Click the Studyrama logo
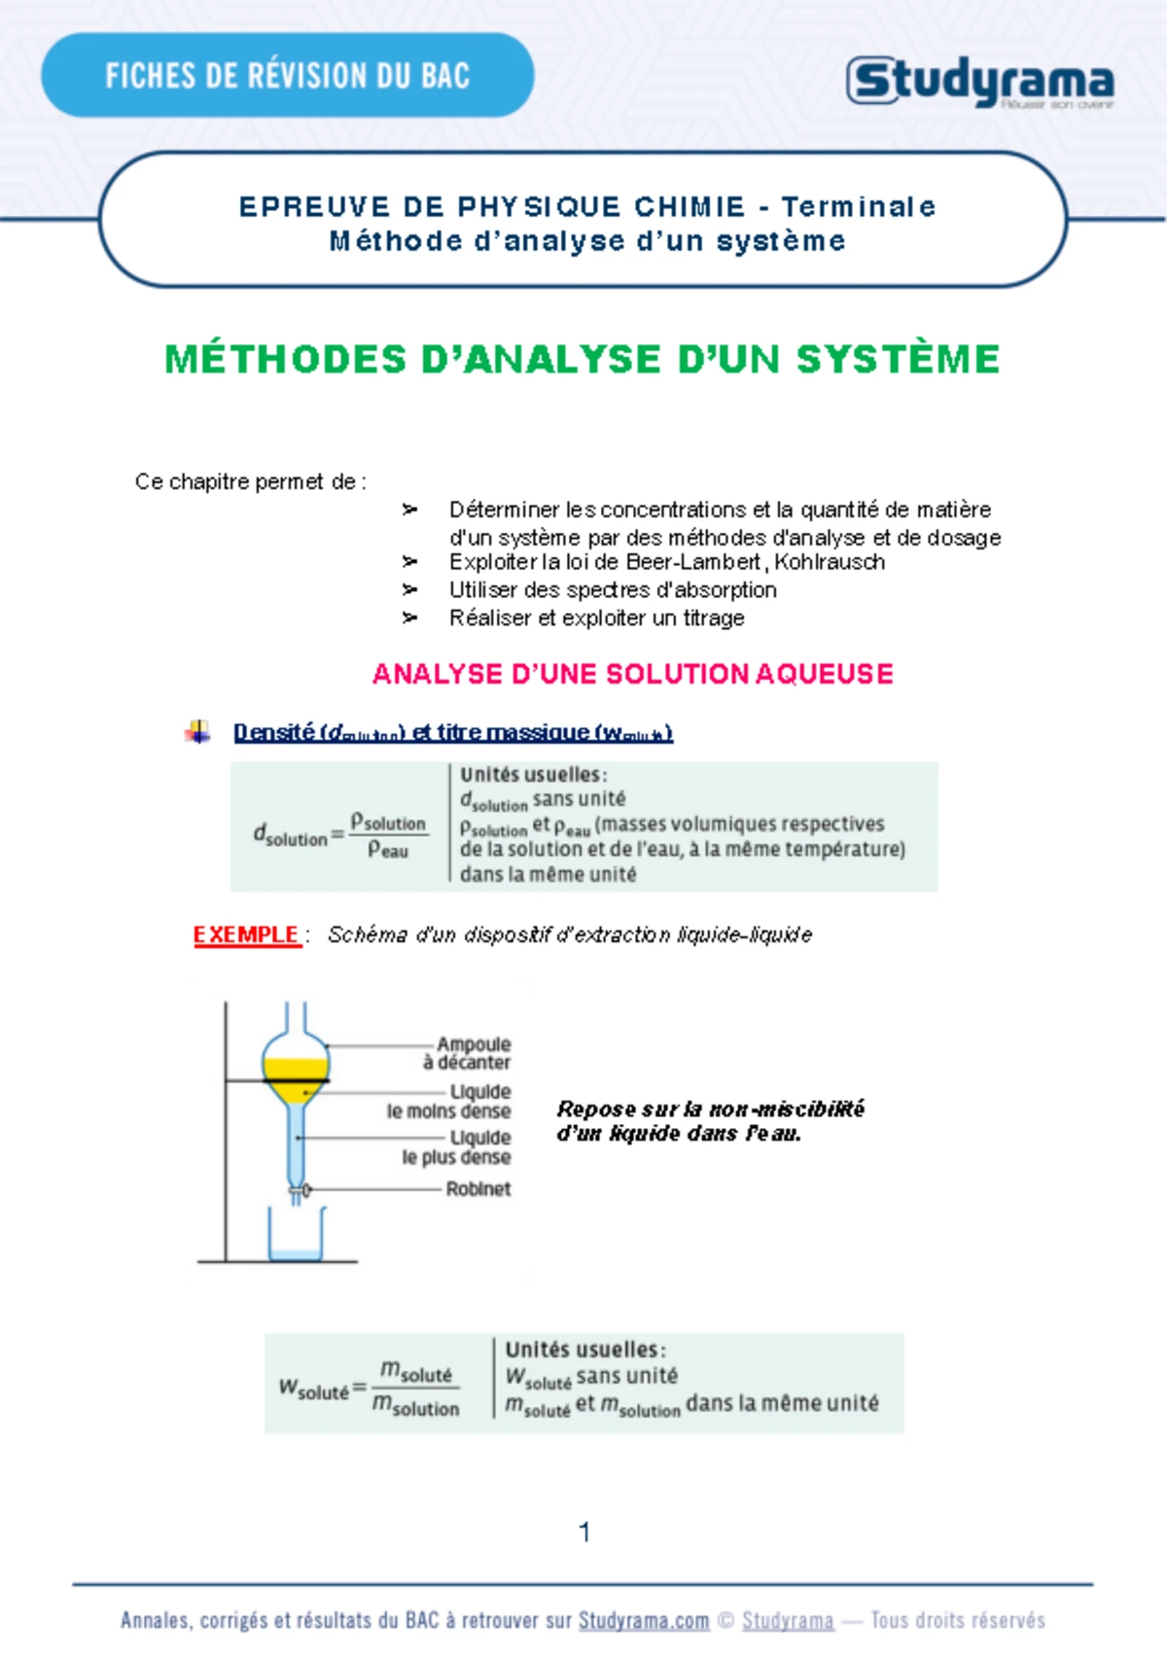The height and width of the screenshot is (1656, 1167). [x=979, y=82]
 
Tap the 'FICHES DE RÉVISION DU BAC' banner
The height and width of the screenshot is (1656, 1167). [x=287, y=76]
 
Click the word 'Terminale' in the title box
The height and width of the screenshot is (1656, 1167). [x=858, y=207]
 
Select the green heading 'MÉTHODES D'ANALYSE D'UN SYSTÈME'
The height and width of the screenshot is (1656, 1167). [x=583, y=360]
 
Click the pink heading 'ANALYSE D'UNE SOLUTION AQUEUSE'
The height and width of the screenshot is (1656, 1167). [x=632, y=674]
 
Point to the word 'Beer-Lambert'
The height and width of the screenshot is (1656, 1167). [x=693, y=562]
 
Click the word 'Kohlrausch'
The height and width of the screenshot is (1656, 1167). [x=830, y=562]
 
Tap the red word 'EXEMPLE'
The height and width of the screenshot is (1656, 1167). [x=246, y=935]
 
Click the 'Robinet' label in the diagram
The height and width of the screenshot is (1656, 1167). [x=477, y=1188]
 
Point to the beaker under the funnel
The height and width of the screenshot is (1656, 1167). [x=296, y=1237]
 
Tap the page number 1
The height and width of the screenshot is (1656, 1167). [x=583, y=1533]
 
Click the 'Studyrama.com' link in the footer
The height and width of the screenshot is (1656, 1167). [x=644, y=1621]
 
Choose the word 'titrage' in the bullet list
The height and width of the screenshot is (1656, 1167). [x=713, y=618]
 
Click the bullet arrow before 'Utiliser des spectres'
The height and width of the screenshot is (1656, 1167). [x=409, y=590]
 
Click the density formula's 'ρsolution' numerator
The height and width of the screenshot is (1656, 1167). [x=388, y=823]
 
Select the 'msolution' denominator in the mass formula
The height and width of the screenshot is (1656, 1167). [x=415, y=1406]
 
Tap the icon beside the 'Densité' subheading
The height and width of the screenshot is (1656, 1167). [x=197, y=732]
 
